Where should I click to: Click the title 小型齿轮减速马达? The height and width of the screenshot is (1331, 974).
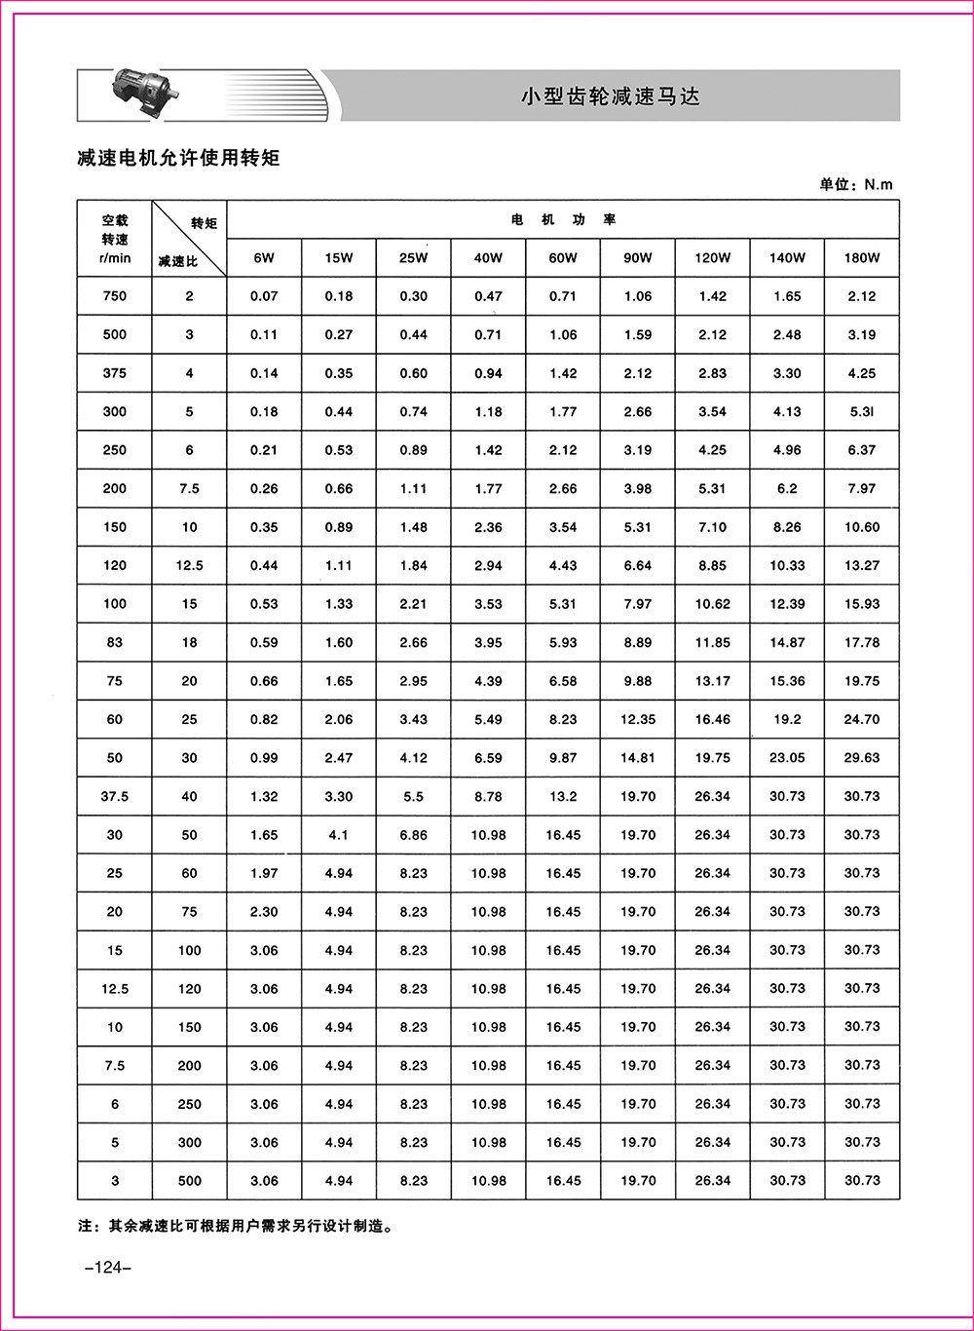[x=611, y=96]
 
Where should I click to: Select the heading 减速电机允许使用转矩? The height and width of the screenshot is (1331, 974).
[x=178, y=157]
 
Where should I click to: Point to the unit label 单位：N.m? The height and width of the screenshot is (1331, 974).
[x=855, y=184]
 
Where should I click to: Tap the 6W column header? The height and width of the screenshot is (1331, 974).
[x=264, y=258]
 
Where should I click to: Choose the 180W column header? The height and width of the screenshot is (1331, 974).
[x=862, y=258]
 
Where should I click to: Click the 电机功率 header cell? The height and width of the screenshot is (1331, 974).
[x=564, y=220]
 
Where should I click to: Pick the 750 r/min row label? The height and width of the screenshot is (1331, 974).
[x=115, y=296]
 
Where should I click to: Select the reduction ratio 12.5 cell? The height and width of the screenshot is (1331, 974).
[x=189, y=565]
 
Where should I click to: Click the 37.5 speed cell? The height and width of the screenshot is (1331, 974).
[x=115, y=796]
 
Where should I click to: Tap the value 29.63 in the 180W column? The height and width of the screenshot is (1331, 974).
[x=862, y=758]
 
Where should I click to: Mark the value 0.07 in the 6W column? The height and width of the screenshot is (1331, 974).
[x=264, y=296]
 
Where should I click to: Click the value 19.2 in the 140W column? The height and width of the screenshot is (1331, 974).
[x=787, y=719]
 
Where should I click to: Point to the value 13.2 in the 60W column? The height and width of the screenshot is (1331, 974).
[x=563, y=796]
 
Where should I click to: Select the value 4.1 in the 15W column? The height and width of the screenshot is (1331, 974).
[x=339, y=835]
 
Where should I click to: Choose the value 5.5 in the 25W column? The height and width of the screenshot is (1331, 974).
[x=413, y=796]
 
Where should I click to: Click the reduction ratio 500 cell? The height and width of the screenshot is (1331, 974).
[x=189, y=1181]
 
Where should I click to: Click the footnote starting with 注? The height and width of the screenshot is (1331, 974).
[x=235, y=1227]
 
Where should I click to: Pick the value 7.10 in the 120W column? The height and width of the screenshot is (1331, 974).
[x=712, y=527]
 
